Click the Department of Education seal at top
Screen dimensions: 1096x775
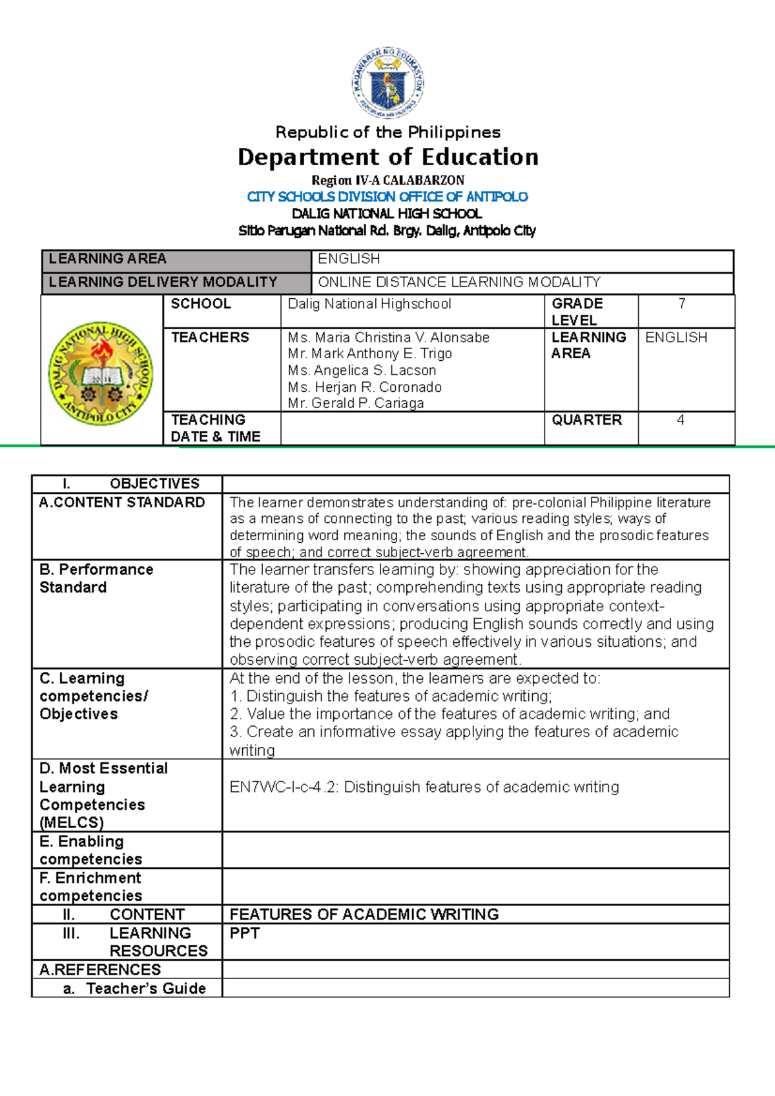[x=387, y=83]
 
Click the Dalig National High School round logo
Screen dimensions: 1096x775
[x=101, y=373]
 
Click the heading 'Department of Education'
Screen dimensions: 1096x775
[x=387, y=157]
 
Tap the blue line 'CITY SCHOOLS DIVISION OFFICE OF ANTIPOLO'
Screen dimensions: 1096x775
[x=387, y=196]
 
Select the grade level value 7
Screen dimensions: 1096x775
[x=681, y=304]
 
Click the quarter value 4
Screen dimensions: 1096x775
[x=680, y=420]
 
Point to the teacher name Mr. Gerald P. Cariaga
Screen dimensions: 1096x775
[x=356, y=403]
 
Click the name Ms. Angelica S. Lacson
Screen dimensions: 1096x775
[x=362, y=370]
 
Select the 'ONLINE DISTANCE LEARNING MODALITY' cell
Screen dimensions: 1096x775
[x=459, y=282]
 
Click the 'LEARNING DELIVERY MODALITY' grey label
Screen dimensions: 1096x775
[x=163, y=282]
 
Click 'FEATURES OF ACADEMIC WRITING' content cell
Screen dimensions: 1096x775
[x=364, y=914]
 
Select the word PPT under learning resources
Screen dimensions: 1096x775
[x=245, y=933]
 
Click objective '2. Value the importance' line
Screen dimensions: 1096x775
[x=449, y=714]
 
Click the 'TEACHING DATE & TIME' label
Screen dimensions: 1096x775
[x=215, y=428]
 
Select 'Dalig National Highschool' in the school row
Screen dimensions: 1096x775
[x=369, y=304]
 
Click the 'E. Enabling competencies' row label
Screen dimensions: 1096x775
[x=90, y=850]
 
